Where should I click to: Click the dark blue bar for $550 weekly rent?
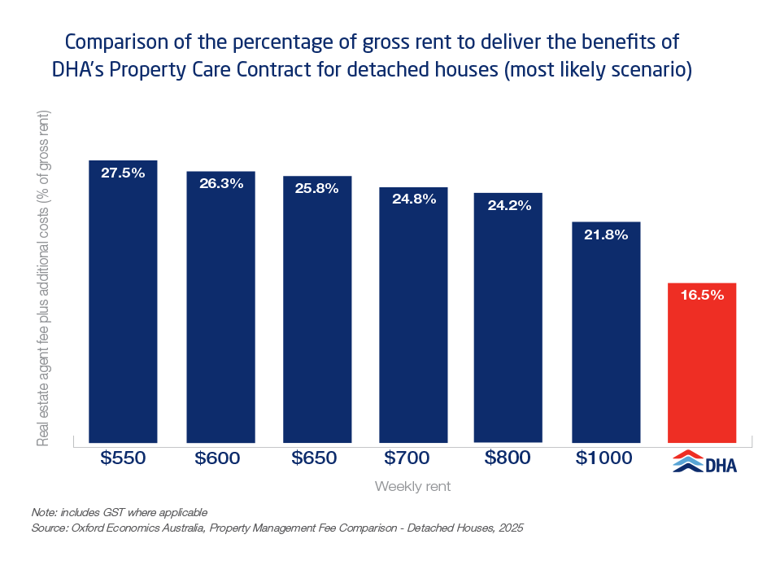tap(123, 301)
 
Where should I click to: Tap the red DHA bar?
tap(702, 362)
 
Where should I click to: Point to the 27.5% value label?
tap(123, 173)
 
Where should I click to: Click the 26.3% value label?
tap(221, 183)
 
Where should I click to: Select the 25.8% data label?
tap(317, 188)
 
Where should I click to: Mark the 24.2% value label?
tap(509, 205)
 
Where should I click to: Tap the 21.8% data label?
tap(606, 234)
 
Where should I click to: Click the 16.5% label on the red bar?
tap(702, 296)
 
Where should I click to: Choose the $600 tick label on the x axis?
tap(218, 458)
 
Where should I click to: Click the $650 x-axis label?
tap(315, 458)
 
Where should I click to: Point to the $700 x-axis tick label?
tap(412, 458)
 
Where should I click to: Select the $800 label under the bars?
tap(508, 458)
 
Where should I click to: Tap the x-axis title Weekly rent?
tap(412, 487)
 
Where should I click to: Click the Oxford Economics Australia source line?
tap(277, 528)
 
